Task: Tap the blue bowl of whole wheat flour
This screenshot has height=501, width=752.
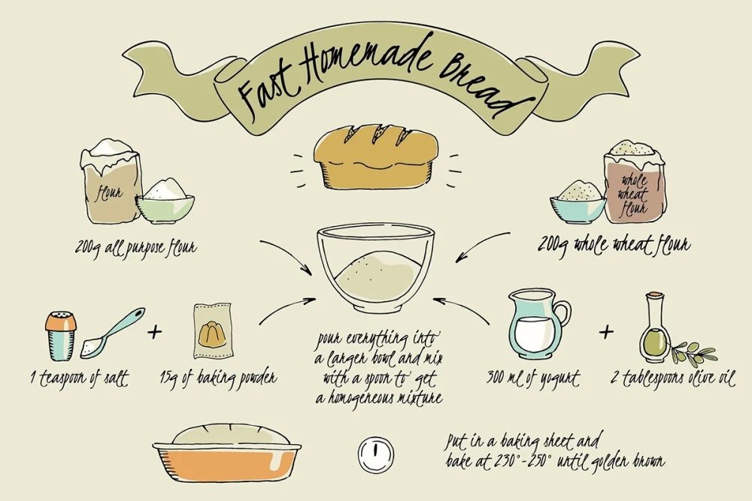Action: click(578, 203)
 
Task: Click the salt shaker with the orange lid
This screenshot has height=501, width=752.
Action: click(62, 336)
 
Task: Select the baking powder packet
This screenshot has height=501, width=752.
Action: click(213, 330)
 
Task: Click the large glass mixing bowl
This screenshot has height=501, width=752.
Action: click(375, 270)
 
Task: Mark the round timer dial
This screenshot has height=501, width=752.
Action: click(376, 453)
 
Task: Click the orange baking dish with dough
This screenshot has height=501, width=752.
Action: click(227, 452)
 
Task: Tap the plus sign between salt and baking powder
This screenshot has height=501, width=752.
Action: click(154, 331)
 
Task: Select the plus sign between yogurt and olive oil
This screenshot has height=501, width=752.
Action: click(606, 331)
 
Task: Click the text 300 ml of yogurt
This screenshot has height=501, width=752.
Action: click(533, 379)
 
